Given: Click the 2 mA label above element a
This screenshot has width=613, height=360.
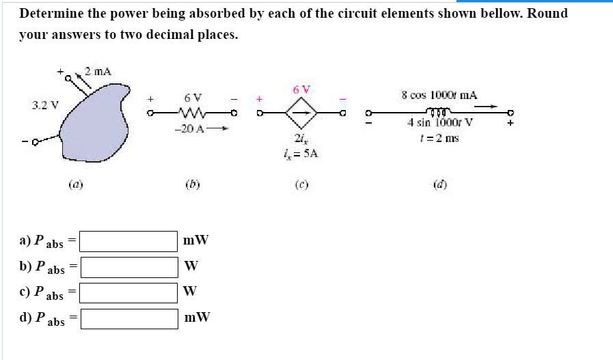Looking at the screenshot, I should point(98,70).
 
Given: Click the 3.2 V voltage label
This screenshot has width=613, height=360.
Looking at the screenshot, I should point(45,106).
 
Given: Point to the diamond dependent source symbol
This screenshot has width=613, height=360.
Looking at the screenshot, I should point(301,111).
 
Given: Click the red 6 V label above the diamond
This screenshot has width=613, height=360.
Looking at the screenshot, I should point(301,89).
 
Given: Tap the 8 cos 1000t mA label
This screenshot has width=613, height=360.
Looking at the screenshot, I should point(439,95).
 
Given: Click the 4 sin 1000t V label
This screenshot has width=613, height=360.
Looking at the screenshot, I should point(439,124).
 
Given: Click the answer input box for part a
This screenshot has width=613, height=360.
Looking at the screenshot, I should point(129,241).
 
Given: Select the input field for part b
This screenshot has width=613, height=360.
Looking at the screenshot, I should point(129,266).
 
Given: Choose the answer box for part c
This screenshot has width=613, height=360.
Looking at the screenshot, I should point(129,292).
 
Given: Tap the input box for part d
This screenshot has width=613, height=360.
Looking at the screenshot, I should point(129,318).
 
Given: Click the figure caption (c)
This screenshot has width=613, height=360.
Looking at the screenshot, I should point(300,184).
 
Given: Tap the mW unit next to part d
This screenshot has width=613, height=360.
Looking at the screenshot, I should point(197,318).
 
